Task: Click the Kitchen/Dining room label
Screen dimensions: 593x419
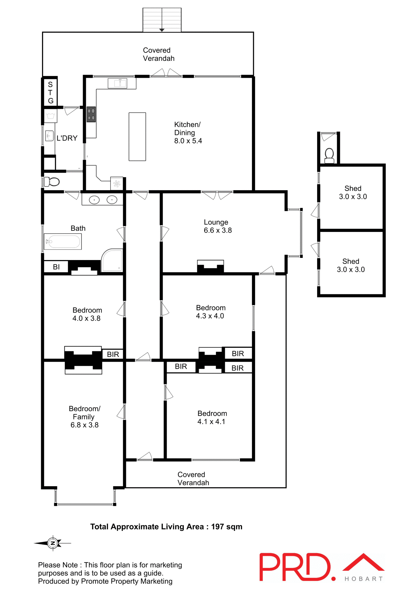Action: (188, 132)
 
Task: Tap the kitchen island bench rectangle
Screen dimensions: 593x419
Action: (137, 137)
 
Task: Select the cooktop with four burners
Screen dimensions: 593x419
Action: (91, 114)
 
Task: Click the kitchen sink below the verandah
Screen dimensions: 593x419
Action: (118, 83)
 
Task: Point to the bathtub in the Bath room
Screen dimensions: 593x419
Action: (63, 242)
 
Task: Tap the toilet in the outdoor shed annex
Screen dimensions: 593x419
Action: (329, 155)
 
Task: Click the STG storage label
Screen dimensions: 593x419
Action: (50, 92)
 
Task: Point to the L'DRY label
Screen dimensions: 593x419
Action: (67, 138)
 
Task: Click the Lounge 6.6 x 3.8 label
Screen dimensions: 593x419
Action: (217, 226)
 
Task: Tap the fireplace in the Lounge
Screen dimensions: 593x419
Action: (210, 267)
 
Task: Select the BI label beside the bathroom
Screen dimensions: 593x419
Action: (56, 267)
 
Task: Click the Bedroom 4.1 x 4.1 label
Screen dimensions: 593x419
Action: (212, 417)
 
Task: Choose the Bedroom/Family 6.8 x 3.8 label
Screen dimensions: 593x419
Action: (84, 417)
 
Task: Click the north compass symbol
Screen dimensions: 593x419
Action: (53, 543)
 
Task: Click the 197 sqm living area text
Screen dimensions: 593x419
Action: (226, 527)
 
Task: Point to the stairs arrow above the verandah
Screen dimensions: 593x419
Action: (162, 30)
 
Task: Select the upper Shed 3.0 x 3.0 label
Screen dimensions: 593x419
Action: (353, 192)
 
